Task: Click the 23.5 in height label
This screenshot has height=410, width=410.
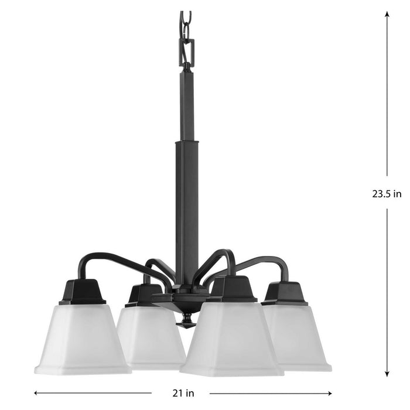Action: click(387, 194)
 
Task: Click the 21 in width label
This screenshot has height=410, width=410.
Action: click(181, 392)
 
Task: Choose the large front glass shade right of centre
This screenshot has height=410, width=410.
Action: click(231, 346)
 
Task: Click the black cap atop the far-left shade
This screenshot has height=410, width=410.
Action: click(82, 291)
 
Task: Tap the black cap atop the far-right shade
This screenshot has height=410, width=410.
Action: click(285, 293)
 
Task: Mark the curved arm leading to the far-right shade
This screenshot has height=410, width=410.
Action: click(264, 261)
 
